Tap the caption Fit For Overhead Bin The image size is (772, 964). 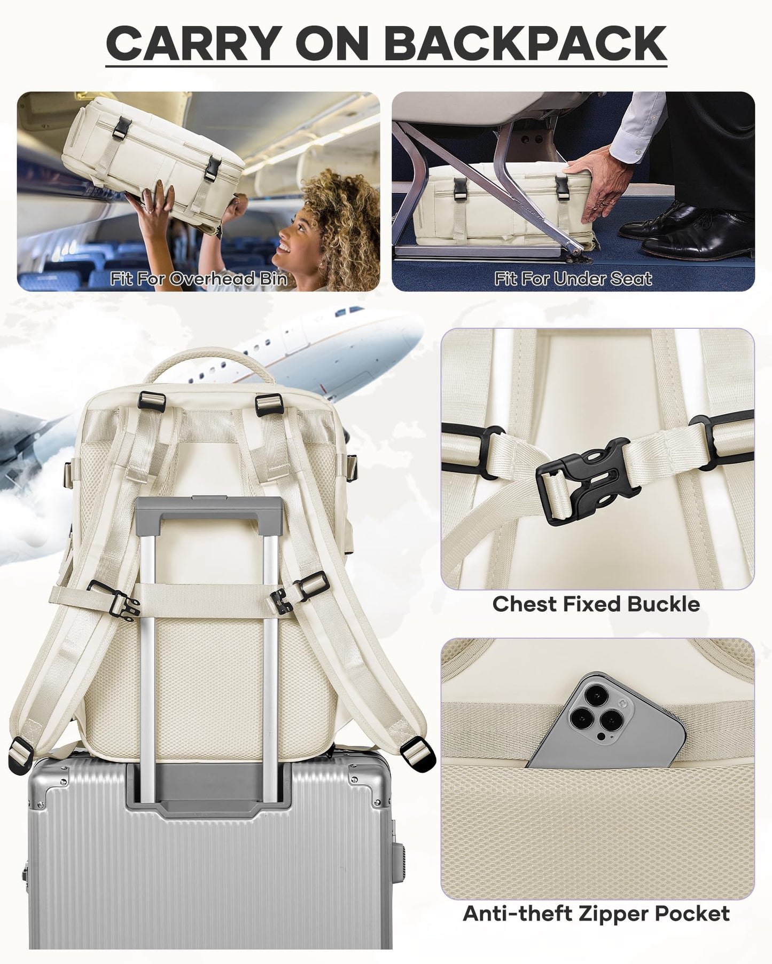(x=199, y=279)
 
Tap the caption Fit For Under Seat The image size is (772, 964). (x=573, y=279)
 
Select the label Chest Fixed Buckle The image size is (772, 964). (x=596, y=604)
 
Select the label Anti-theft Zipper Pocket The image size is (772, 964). (x=596, y=898)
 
